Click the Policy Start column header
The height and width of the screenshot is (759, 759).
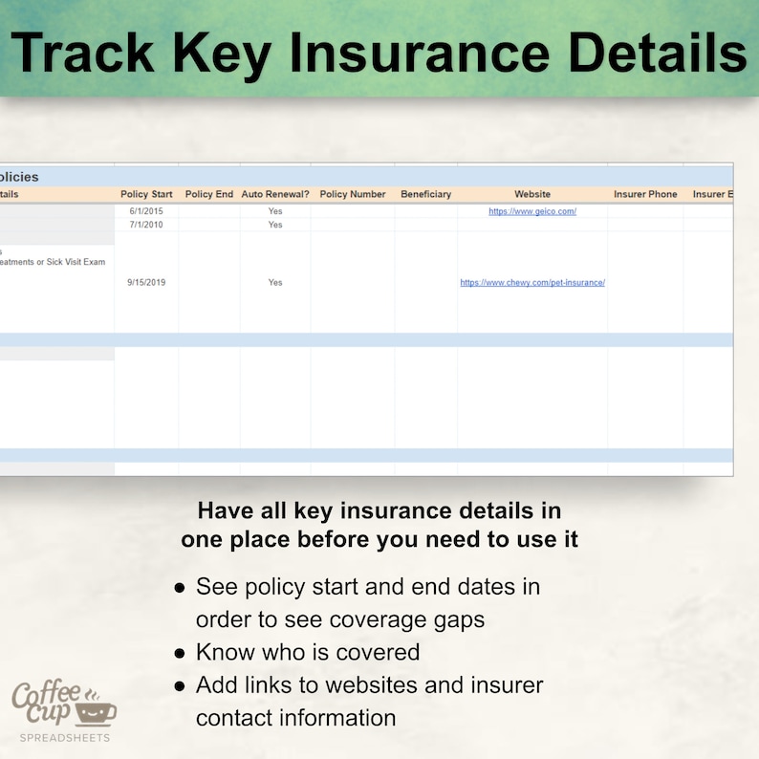coord(146,194)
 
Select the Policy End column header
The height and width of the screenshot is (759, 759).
coord(208,194)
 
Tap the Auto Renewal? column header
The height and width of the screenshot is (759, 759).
coord(275,194)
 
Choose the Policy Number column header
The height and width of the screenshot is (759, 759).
coord(353,194)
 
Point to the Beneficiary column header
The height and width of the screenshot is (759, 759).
coord(425,194)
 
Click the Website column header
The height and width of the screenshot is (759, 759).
coord(532,194)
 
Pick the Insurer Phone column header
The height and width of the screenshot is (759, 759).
coord(645,194)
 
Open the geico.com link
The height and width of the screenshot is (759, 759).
coord(532,211)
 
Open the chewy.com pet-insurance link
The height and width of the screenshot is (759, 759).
coord(532,283)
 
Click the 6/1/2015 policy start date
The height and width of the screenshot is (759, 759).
coord(146,211)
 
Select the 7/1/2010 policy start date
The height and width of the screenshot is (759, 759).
coord(146,225)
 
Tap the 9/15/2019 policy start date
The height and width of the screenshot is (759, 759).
coord(146,283)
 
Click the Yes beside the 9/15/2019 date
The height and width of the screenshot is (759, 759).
coord(275,283)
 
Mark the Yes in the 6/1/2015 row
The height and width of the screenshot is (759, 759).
coord(275,211)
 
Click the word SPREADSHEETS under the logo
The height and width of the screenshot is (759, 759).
coord(65,738)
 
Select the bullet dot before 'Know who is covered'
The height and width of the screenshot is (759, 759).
coord(180,654)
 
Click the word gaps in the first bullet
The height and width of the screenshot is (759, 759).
coord(453,619)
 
